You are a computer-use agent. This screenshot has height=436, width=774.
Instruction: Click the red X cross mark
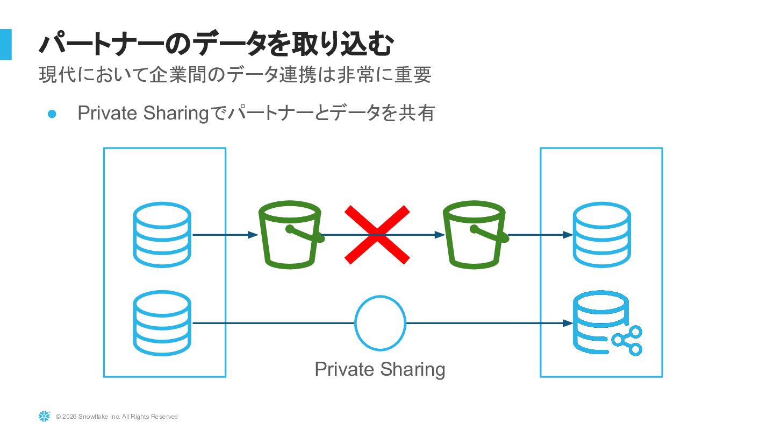(x=377, y=235)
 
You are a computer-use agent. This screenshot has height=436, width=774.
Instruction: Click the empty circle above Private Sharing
(x=380, y=323)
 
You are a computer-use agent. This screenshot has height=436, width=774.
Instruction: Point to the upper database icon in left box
(x=162, y=235)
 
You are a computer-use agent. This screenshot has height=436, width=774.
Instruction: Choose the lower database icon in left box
(x=162, y=323)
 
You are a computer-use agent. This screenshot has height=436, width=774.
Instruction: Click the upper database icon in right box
(x=601, y=235)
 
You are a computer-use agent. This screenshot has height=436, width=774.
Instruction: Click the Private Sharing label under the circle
(x=379, y=369)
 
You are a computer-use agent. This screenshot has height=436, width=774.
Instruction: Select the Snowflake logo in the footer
(x=44, y=416)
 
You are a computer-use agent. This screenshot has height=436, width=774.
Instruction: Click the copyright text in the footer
(x=117, y=417)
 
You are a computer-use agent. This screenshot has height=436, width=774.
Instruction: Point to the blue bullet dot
(x=52, y=114)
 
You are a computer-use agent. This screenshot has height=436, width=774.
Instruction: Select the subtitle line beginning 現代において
(x=235, y=75)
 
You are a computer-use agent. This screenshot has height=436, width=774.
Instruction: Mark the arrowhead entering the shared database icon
(x=567, y=323)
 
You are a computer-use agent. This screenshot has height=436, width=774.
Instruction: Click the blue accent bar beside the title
(x=5, y=44)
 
